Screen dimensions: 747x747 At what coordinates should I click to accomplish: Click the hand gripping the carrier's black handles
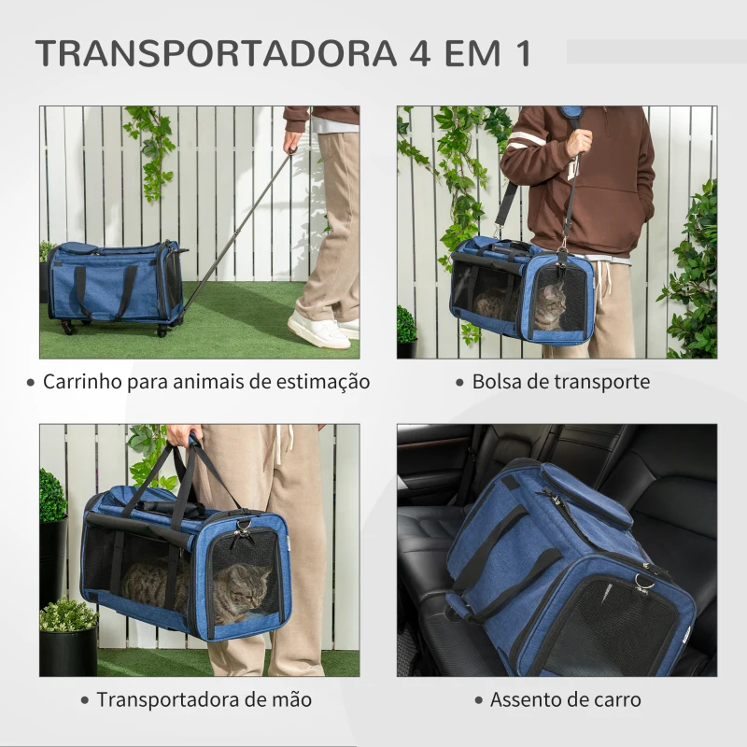coord(183,436)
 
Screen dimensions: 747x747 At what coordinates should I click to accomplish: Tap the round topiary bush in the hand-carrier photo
coord(52,496)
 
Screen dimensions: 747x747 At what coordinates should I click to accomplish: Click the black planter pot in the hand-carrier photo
coord(67,651)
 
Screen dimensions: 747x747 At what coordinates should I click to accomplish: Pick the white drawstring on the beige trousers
coord(282,444)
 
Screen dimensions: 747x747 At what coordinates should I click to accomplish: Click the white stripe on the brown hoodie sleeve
coord(526,140)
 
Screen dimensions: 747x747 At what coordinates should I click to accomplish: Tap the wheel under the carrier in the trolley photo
coord(67,327)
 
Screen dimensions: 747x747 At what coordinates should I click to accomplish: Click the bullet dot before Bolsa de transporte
coord(459,382)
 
